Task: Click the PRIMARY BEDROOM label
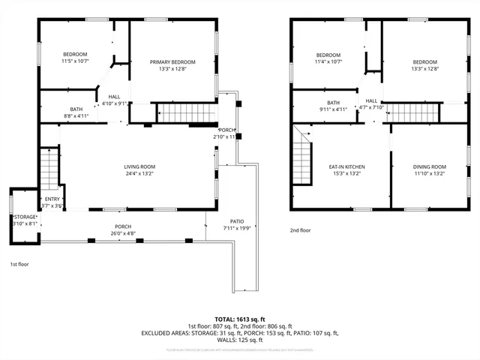[172, 61]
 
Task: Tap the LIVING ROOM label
[139, 166]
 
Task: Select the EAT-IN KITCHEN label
[346, 166]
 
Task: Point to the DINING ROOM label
[429, 166]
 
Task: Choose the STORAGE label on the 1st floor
[24, 216]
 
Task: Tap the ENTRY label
[52, 199]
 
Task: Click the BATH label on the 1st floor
[76, 109]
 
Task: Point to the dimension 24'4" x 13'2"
[139, 174]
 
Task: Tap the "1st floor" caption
[20, 265]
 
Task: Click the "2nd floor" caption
[300, 230]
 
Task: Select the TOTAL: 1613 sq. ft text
[239, 319]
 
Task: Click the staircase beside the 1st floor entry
[49, 168]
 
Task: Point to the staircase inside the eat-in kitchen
[301, 157]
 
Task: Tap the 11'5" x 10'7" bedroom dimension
[75, 61]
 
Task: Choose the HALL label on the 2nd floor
[371, 100]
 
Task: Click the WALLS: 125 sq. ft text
[239, 340]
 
